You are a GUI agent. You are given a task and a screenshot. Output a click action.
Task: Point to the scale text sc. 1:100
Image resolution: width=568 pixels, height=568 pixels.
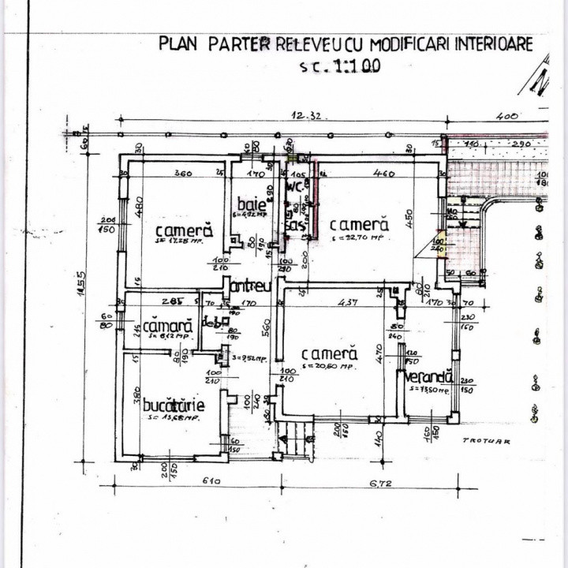340,66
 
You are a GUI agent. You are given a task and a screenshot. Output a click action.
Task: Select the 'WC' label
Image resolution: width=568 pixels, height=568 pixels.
293,188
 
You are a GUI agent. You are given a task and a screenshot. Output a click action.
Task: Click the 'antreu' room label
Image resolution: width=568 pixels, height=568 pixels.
252,285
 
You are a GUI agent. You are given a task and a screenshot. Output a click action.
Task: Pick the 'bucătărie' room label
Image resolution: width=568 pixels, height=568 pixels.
174,405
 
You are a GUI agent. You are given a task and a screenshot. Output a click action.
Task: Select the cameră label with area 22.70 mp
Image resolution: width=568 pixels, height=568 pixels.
359,224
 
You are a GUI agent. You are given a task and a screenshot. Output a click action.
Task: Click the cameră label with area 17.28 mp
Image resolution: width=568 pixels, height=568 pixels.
184,231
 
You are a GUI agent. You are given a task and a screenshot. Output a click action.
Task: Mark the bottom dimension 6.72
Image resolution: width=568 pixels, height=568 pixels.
384,481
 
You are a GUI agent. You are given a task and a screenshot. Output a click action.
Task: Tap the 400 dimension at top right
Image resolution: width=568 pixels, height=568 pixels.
506,116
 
